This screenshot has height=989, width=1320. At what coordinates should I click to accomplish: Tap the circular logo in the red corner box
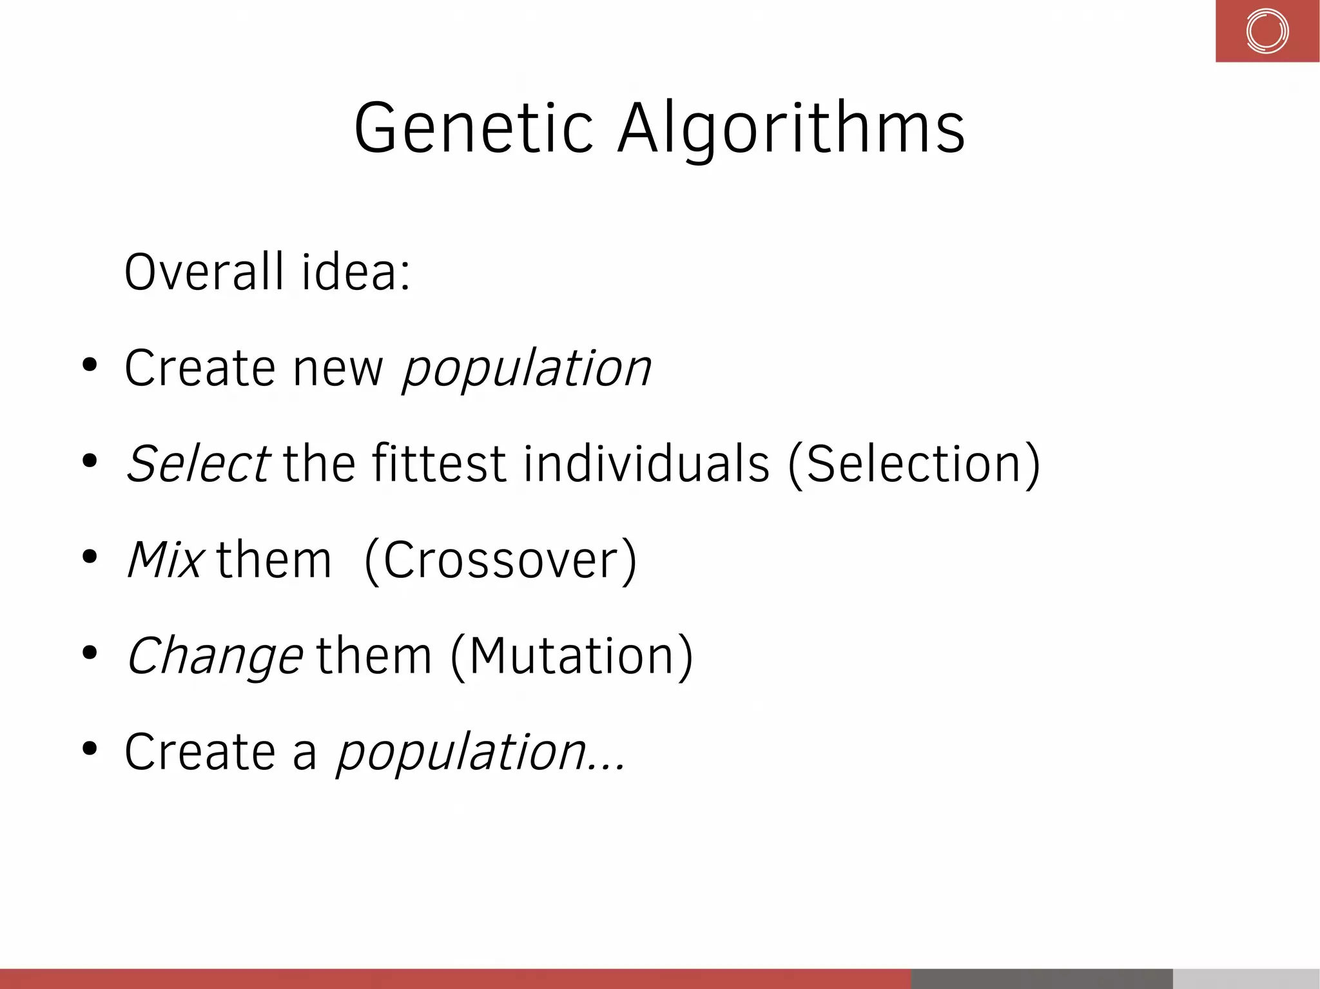1267,31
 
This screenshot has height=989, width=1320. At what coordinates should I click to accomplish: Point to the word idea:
356,272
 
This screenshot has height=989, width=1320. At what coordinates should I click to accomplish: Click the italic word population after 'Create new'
527,369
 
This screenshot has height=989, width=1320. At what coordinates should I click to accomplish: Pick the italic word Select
198,464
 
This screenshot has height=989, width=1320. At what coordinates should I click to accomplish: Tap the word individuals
646,464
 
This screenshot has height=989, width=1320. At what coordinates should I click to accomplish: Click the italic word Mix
166,559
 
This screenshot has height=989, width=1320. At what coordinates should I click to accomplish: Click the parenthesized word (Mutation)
572,656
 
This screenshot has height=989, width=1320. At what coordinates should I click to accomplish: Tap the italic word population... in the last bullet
480,752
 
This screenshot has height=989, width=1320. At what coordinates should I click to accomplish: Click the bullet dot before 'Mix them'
90,556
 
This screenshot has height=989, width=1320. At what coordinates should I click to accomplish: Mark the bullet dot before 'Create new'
90,365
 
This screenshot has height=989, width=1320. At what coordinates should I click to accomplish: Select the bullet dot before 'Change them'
90,652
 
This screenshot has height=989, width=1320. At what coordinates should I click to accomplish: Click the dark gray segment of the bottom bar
1042,979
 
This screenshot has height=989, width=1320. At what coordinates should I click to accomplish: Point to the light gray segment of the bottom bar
1246,979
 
